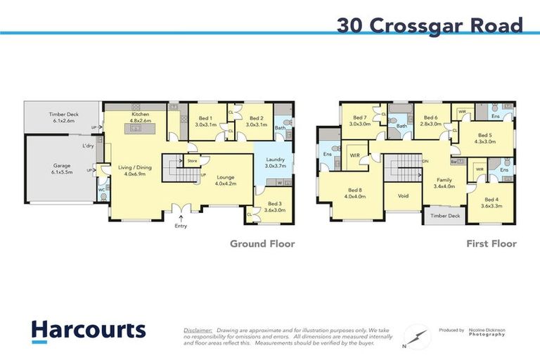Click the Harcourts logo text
[88, 330]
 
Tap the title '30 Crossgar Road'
[430, 25]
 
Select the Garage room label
[61, 167]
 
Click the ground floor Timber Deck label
[63, 117]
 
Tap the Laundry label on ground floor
[274, 160]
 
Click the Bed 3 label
[274, 205]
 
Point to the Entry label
[181, 226]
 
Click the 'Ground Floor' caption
[262, 244]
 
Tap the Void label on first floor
[403, 196]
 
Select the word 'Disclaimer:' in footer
[198, 329]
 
